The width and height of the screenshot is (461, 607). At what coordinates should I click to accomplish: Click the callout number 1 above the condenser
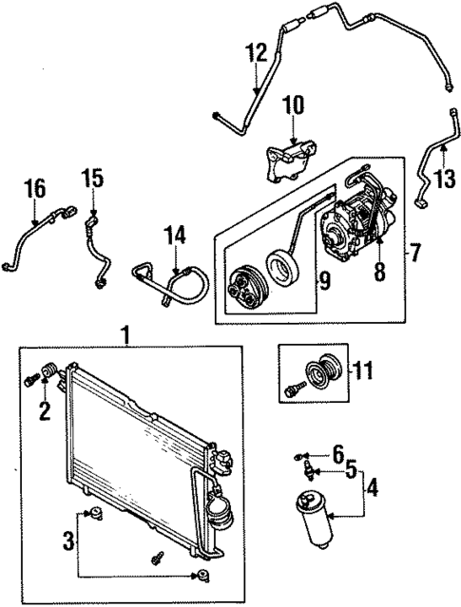[x=124, y=335]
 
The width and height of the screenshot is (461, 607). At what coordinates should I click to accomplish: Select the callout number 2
[x=44, y=410]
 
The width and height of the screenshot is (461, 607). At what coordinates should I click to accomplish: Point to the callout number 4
[x=373, y=491]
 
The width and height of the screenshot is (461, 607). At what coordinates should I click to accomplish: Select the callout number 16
[x=34, y=188]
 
